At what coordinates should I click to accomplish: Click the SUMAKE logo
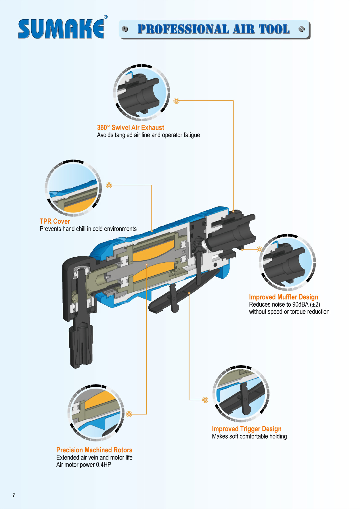(61, 29)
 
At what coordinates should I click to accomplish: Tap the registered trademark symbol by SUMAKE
(106, 17)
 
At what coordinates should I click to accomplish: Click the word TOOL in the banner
(274, 29)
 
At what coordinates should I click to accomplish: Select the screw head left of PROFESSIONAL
(125, 29)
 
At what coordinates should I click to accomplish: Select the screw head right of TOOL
(302, 29)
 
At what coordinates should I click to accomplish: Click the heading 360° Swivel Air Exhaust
(131, 128)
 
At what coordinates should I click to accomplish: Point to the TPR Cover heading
(55, 221)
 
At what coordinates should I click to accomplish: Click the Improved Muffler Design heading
(284, 297)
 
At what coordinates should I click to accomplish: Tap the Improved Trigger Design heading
(246, 429)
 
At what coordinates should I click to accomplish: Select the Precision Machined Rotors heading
(94, 450)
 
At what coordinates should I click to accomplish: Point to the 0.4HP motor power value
(104, 465)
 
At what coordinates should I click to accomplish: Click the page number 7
(14, 495)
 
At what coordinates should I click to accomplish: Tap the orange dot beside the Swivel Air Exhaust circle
(177, 101)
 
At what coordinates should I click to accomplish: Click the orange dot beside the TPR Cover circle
(109, 185)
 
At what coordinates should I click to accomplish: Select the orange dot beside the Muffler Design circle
(259, 249)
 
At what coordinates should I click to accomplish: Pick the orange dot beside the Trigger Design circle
(205, 400)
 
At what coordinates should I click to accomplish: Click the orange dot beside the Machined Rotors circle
(129, 414)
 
